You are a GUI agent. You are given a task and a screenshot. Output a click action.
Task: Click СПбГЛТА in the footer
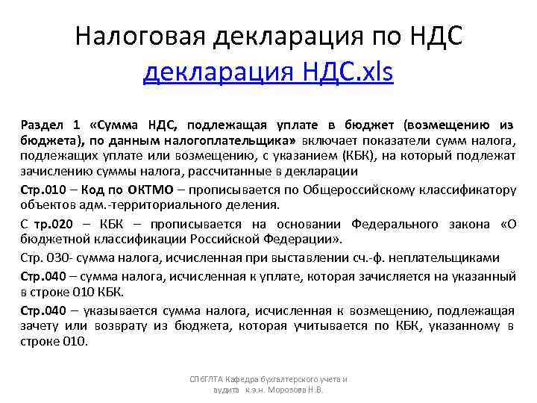pos(205,379)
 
